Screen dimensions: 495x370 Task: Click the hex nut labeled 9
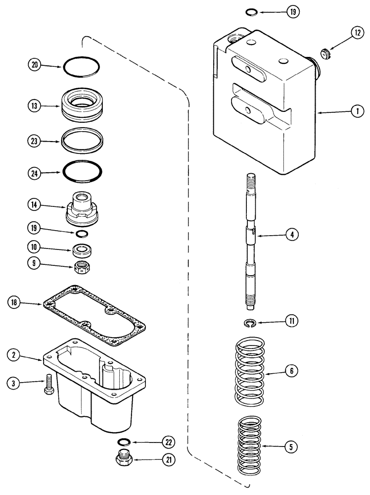[81, 267]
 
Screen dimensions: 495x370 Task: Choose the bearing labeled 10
[81, 250]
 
